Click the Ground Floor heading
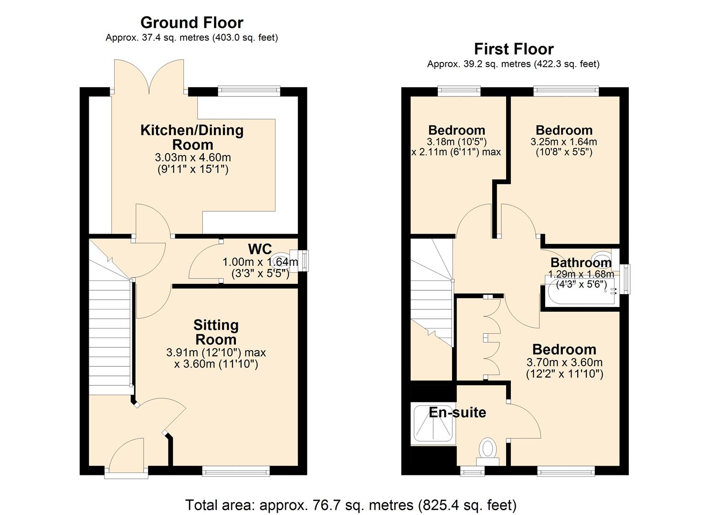coord(191,22)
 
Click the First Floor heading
coord(513,49)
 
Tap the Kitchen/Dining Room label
coord(192,137)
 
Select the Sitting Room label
coord(216,332)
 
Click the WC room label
coord(260,249)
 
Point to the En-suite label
coord(457,412)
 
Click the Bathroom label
coord(581,262)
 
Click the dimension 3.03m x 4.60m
coord(192,157)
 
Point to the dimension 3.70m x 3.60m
coord(564,362)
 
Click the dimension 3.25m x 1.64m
coord(563,142)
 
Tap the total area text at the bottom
coord(350,505)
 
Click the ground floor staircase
coord(110,334)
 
